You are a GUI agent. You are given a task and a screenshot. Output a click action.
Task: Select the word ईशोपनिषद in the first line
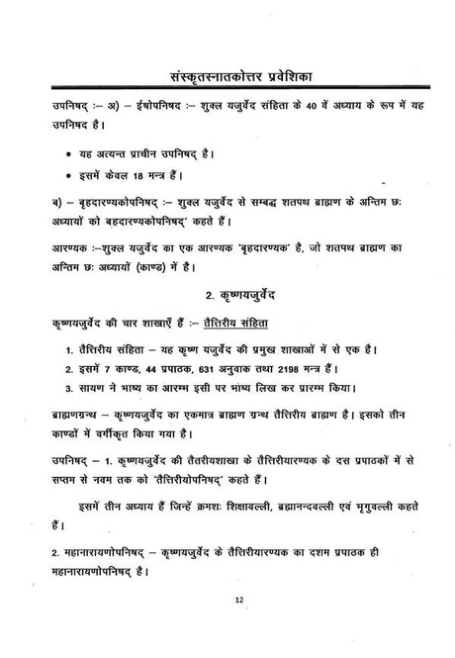pos(122,104)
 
